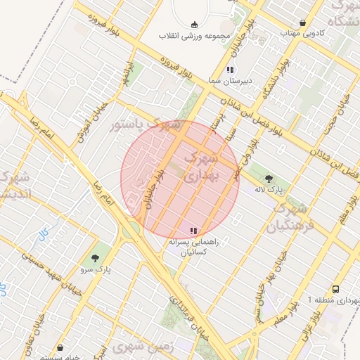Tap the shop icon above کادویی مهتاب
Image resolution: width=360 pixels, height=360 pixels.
tap(302, 22)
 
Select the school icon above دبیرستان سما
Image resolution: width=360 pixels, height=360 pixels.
tap(230, 70)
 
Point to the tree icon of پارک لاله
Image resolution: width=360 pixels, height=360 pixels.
tap(273, 178)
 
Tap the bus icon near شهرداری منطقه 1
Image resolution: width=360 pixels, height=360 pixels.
tap(335, 289)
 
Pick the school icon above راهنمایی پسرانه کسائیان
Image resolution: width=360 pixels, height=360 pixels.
tap(194, 230)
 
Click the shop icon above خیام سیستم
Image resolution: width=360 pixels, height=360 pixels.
tap(60, 347)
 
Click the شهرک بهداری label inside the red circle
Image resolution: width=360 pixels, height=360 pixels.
tap(202, 168)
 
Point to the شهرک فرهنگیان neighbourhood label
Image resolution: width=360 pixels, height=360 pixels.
tap(288, 217)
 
